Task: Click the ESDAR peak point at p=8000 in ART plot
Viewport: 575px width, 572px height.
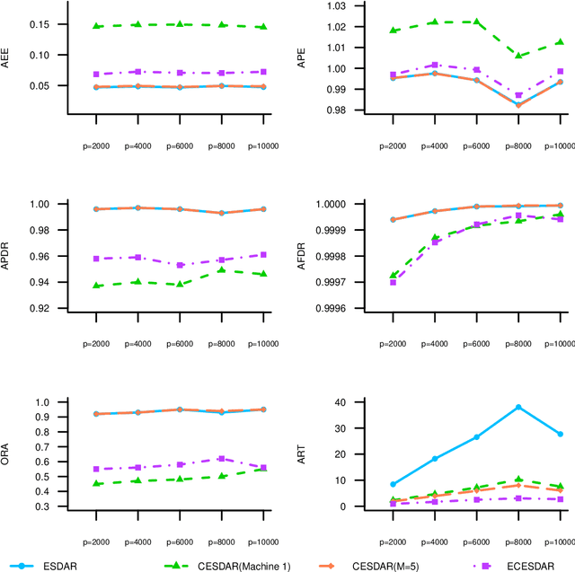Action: pyautogui.click(x=518, y=407)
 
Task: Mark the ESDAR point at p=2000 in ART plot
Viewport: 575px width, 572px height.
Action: pyautogui.click(x=368, y=484)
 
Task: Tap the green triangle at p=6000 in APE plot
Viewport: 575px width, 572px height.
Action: pyautogui.click(x=476, y=22)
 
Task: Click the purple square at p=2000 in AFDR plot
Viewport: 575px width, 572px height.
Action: pyautogui.click(x=368, y=282)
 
